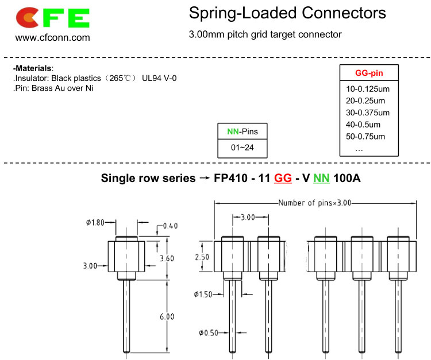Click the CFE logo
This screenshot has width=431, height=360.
pos(53,18)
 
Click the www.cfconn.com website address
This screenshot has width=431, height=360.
pos(52,38)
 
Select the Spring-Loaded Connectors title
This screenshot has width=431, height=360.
pos(287,13)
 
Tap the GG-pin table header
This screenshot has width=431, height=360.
pos(369,73)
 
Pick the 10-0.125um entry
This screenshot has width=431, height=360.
pos(368,89)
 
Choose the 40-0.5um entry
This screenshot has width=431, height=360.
pos(363,125)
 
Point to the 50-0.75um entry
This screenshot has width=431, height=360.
pos(365,137)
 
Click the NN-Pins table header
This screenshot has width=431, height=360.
pos(243,131)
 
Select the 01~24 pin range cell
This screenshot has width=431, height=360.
pos(242,148)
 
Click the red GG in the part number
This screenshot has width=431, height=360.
pos(283,178)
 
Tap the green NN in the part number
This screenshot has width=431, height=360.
pos(321,178)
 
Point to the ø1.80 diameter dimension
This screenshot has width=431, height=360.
pos(95,222)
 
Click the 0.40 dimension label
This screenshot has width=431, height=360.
pos(171,226)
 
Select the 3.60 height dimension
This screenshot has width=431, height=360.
pos(167,258)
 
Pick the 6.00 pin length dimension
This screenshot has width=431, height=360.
pos(167,316)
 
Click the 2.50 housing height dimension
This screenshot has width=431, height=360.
pos(202,257)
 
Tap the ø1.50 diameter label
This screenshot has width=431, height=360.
pos(203,295)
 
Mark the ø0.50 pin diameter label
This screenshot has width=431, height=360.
pos(209,333)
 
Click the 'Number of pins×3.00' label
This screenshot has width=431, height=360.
pos(315,203)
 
